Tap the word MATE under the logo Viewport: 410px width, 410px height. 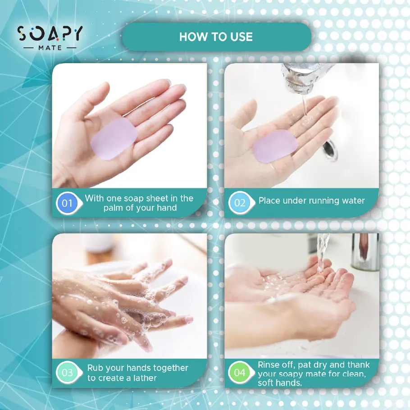pos(50,47)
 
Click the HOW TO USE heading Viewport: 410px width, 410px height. pos(216,37)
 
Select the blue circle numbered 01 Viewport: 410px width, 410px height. pos(67,203)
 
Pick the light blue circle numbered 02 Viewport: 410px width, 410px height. pos(239,203)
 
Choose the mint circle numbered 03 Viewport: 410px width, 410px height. pos(67,373)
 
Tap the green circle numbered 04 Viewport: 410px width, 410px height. pos(239,373)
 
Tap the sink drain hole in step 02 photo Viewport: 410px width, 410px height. pos(330,149)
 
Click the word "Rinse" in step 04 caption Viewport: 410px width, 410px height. pos(269,364)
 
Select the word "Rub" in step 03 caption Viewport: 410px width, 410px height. pos(95,368)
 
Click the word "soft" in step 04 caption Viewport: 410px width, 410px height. pos(267,383)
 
